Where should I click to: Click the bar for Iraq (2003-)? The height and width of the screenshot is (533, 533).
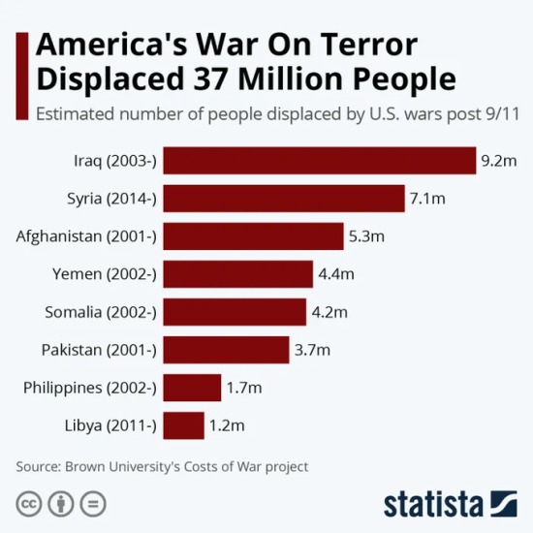320,160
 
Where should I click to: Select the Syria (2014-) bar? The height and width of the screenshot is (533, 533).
284,198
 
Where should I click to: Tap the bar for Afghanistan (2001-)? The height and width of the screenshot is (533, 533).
254,235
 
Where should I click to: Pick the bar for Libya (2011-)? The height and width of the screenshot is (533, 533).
184,425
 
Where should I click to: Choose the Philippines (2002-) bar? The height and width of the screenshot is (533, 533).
192,388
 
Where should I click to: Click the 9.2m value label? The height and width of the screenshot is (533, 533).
498,160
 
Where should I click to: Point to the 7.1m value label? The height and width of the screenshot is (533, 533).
426,198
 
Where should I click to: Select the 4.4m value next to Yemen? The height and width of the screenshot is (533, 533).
336,274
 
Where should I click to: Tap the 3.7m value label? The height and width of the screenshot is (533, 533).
312,350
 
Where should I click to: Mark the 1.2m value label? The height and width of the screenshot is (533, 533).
227,425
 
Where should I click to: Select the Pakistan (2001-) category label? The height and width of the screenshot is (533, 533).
99,350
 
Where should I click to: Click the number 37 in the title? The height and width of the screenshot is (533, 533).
222,77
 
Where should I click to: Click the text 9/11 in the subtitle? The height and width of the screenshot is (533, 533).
500,112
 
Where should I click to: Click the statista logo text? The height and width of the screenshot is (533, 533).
433,504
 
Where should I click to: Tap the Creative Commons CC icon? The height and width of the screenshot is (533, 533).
29,504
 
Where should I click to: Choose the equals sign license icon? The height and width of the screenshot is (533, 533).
93,504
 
